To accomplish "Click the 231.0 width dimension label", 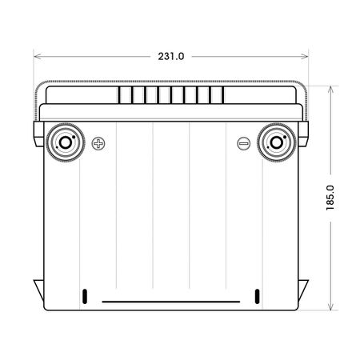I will pos(171,57).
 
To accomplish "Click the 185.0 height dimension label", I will pos(329,196).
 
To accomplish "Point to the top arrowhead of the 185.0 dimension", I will pos(329,85).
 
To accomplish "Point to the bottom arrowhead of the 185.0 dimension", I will pos(329,307).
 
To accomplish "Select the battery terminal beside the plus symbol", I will pos(64,143).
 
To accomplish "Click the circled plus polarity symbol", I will pos(98,144).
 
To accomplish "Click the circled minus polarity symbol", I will pos(243,144).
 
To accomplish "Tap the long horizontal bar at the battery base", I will pos(170,302).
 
